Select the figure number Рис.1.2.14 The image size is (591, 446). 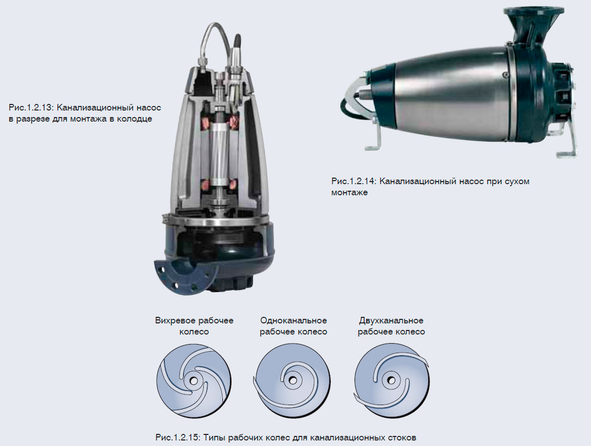353,181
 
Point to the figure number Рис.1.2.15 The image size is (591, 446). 178,438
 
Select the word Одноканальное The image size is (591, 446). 293,321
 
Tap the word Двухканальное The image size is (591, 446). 391,321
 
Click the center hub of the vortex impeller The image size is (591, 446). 194,380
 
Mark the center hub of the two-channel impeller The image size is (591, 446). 391,380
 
